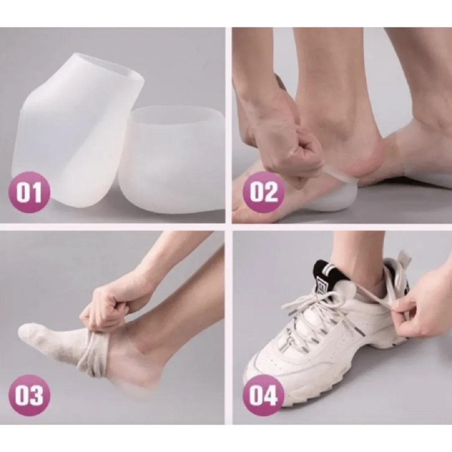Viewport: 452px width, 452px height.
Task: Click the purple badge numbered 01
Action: coord(29,192)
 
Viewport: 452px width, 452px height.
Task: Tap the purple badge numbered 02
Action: coord(263,192)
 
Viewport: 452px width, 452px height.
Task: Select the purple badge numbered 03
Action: coord(29,395)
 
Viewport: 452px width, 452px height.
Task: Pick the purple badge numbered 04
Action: coord(263,395)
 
